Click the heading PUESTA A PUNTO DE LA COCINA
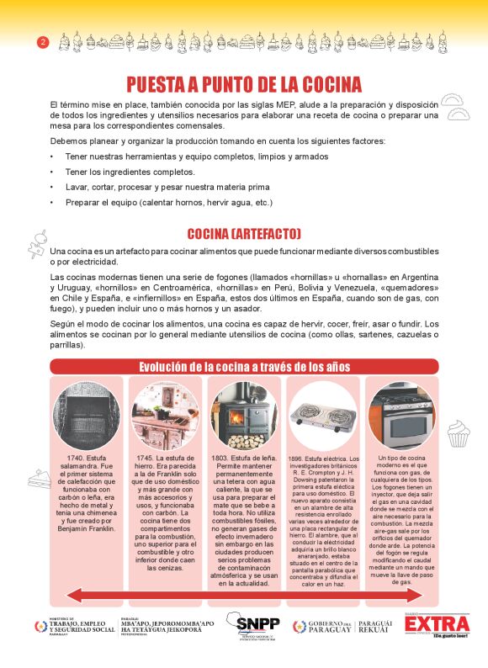244,84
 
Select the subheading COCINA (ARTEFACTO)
244,233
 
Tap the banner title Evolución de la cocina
244,366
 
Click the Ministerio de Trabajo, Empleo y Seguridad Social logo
74,627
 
